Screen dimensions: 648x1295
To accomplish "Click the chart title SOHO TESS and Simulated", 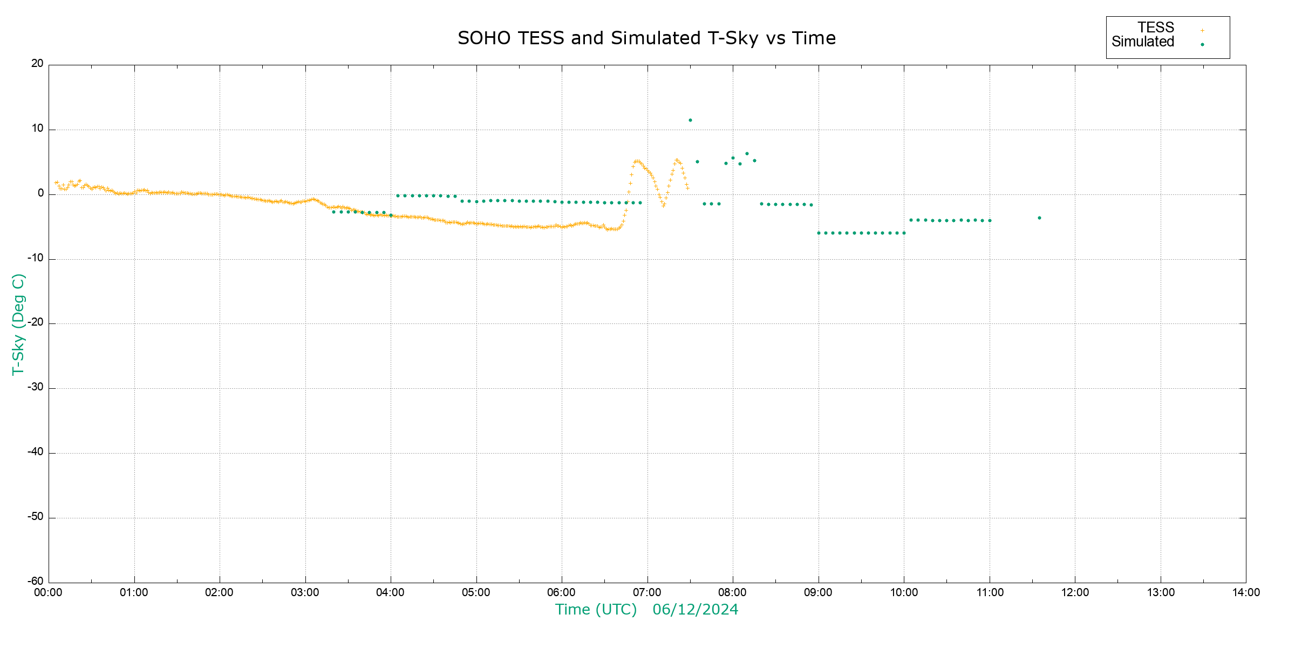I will [646, 38].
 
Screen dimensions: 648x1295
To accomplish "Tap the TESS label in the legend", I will [1156, 28].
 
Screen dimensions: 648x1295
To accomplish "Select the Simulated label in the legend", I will [1143, 42].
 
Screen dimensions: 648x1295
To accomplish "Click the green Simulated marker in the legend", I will [1202, 44].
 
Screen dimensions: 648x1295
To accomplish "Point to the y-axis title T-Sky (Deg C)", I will [18, 324].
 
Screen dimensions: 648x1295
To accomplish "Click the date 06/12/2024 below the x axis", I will [695, 610].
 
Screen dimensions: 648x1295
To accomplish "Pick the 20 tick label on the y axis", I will [37, 64].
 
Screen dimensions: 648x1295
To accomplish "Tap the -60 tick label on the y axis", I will [36, 582].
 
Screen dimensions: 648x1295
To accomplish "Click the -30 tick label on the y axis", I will [36, 387].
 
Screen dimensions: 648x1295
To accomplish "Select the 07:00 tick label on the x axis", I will [647, 592].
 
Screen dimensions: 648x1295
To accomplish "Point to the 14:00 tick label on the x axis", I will [1246, 592].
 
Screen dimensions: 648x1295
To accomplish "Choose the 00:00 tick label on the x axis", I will [49, 592].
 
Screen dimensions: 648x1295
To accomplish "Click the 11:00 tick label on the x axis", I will [990, 592].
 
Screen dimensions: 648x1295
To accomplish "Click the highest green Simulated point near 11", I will [690, 120].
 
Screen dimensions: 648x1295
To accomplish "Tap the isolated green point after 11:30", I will [1039, 218].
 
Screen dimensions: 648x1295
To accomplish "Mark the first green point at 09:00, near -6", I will [819, 233].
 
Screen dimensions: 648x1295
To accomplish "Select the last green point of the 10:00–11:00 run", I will [990, 220].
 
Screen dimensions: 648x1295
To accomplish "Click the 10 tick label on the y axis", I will [37, 129].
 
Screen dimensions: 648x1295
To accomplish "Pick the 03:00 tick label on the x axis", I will [305, 592].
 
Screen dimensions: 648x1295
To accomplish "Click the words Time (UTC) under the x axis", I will [596, 610].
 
